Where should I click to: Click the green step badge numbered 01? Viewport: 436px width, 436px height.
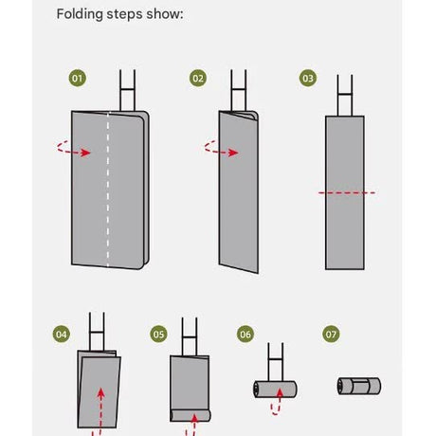[78, 78]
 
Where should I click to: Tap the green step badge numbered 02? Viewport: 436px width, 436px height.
[198, 78]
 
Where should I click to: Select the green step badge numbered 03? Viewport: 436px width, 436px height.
[308, 78]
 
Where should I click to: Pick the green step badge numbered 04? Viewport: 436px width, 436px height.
[62, 335]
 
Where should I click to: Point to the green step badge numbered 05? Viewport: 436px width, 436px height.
[158, 335]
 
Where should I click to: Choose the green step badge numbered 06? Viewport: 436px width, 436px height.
[245, 335]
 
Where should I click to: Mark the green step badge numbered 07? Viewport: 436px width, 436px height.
[331, 335]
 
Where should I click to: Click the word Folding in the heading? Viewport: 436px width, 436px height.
[80, 14]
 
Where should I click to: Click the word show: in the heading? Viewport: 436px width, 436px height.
[165, 14]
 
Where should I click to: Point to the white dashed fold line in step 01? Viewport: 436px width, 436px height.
[108, 189]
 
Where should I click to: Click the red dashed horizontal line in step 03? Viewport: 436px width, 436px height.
[347, 192]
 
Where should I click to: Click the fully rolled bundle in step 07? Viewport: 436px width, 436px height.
[359, 386]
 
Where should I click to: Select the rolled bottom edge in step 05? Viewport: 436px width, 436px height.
[191, 415]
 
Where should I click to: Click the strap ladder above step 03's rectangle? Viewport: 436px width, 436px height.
[345, 96]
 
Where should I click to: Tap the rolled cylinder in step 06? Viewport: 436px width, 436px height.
[275, 390]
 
